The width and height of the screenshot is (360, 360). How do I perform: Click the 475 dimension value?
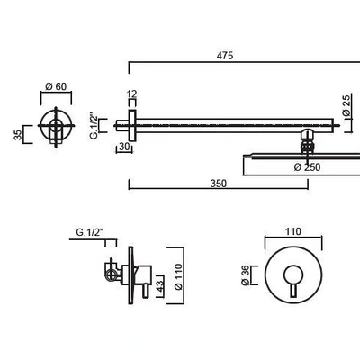225,56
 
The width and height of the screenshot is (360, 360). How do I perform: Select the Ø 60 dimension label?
56,86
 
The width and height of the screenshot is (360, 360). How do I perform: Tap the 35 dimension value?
18,135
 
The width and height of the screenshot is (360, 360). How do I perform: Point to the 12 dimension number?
132,94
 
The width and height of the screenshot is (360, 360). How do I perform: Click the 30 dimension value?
124,147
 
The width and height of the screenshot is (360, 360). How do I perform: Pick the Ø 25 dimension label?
346,105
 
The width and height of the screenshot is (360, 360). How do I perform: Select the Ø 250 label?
307,167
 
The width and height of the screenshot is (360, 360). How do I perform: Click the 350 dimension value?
219,184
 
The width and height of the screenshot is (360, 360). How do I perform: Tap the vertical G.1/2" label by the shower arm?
94,126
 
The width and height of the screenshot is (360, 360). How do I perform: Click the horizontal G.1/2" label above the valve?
90,232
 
